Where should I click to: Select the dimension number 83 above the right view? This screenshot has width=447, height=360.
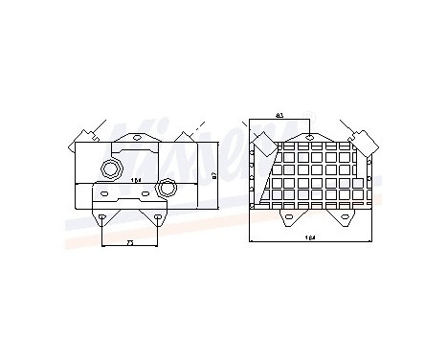tap(279, 116)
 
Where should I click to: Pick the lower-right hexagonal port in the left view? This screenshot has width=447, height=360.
tap(168, 187)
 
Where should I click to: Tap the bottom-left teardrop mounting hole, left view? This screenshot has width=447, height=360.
tap(103, 216)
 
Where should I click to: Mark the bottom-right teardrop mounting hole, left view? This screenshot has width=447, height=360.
tap(159, 216)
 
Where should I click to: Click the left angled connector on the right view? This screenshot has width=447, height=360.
tap(262, 145)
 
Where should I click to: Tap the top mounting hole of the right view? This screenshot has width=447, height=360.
tap(308, 137)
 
